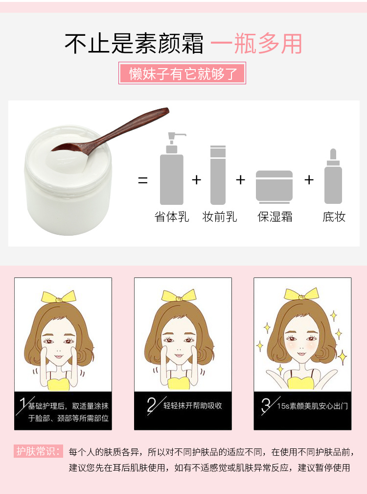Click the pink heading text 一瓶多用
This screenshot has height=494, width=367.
click(256, 44)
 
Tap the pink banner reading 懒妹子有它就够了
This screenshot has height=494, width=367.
click(182, 73)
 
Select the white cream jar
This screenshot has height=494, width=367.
click(68, 179)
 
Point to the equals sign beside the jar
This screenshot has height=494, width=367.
click(143, 180)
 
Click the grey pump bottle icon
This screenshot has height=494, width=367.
click(172, 169)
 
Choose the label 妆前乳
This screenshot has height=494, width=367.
click(220, 217)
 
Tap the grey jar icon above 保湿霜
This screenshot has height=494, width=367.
click(274, 187)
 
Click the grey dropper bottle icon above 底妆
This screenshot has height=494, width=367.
click(333, 176)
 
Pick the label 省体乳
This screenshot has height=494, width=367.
click(172, 217)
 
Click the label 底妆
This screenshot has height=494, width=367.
click(334, 217)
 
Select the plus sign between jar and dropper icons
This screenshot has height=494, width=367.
click(309, 180)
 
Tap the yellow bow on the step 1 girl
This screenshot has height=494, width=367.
click(59, 296)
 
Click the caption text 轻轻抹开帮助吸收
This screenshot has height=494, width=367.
click(193, 405)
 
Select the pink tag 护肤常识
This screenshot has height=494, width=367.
click(38, 451)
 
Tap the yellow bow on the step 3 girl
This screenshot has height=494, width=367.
click(301, 294)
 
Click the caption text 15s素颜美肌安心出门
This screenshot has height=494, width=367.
click(312, 406)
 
